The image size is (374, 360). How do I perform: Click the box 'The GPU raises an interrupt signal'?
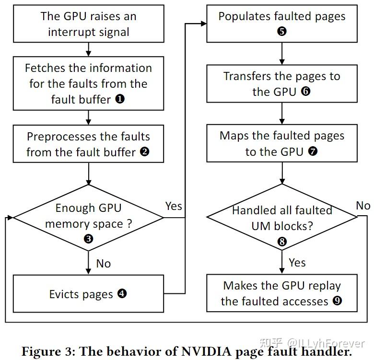[88, 24]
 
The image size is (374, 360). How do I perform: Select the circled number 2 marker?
[144, 152]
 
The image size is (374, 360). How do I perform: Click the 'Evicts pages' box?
[88, 293]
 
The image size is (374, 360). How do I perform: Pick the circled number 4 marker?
[122, 293]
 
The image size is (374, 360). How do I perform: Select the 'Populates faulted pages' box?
[282, 23]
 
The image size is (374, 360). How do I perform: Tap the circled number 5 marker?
[282, 32]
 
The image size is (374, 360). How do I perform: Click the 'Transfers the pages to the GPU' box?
[282, 83]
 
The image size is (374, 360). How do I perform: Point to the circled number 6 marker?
[306, 92]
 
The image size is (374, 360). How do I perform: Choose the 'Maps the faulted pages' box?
[282, 143]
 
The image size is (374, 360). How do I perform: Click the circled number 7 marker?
[313, 152]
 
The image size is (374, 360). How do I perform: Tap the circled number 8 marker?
[282, 242]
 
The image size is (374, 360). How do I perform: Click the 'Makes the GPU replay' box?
[282, 293]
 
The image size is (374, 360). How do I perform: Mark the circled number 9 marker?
[338, 302]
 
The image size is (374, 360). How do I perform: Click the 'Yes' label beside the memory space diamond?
[174, 206]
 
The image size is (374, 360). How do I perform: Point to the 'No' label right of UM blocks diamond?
[363, 206]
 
